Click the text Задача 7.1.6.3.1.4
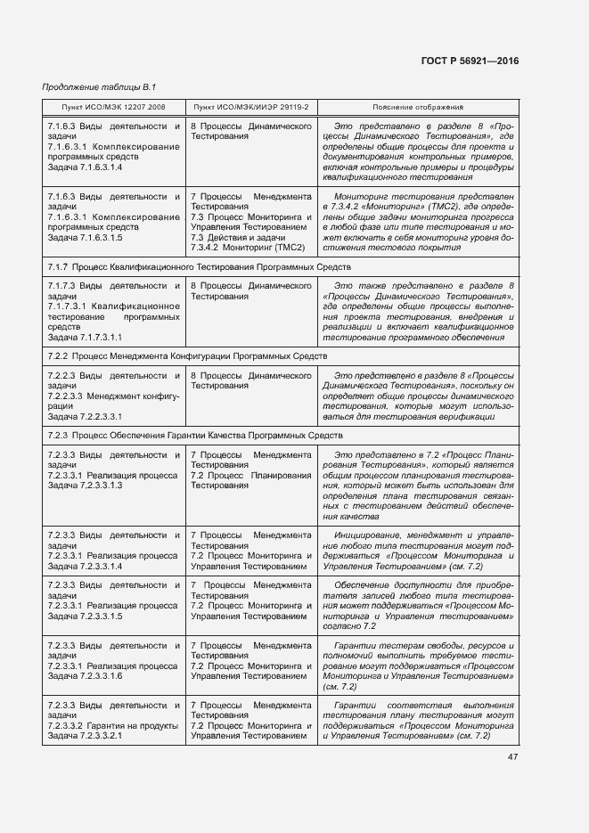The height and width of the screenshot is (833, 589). coord(85,167)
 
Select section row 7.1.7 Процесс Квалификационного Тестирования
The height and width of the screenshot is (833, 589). coord(199,266)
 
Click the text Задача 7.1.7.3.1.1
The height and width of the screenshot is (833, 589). coord(85,338)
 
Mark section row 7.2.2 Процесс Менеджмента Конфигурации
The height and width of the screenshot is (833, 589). coord(187,355)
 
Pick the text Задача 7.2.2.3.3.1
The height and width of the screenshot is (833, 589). coord(85,416)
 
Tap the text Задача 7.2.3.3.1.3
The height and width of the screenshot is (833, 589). coord(85,486)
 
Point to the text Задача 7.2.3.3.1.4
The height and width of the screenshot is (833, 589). coord(85,566)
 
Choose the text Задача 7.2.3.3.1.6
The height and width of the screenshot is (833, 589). coord(85,676)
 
